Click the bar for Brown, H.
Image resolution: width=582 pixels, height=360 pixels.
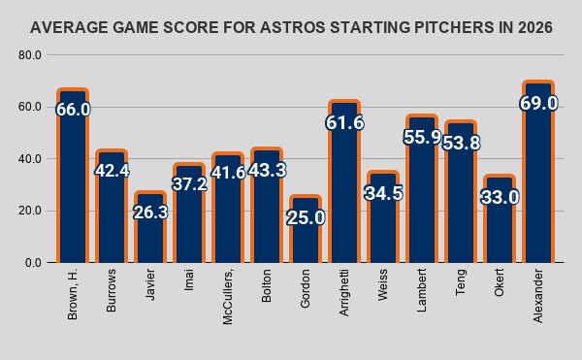pyautogui.click(x=73, y=176)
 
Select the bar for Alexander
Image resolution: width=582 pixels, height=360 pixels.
pyautogui.click(x=538, y=172)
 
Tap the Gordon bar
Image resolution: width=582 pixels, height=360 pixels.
pyautogui.click(x=306, y=229)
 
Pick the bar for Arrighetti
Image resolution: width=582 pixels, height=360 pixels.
pyautogui.click(x=344, y=181)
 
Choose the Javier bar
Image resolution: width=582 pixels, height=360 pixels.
pyautogui.click(x=150, y=227)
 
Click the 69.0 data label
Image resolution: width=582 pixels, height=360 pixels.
pyautogui.click(x=538, y=103)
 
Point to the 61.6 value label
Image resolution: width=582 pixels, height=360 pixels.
pyautogui.click(x=344, y=122)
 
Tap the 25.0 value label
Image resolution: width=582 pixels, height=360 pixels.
pyautogui.click(x=306, y=217)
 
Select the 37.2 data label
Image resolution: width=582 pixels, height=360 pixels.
pyautogui.click(x=189, y=183)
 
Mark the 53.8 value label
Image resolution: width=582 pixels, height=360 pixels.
pyautogui.click(x=461, y=143)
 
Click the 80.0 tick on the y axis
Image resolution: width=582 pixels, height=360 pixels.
pyautogui.click(x=30, y=55)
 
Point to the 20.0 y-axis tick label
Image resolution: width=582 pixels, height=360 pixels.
pyautogui.click(x=30, y=211)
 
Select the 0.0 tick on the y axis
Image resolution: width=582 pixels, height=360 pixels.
pyautogui.click(x=33, y=263)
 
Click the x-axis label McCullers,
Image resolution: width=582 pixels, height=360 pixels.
pyautogui.click(x=228, y=297)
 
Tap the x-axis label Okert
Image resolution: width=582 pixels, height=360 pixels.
pyautogui.click(x=500, y=282)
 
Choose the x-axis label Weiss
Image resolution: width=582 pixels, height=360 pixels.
pyautogui.click(x=383, y=284)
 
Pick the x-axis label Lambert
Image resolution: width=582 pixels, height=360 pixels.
pyautogui.click(x=422, y=290)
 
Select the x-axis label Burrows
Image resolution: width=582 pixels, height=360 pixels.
pyautogui.click(x=112, y=290)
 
